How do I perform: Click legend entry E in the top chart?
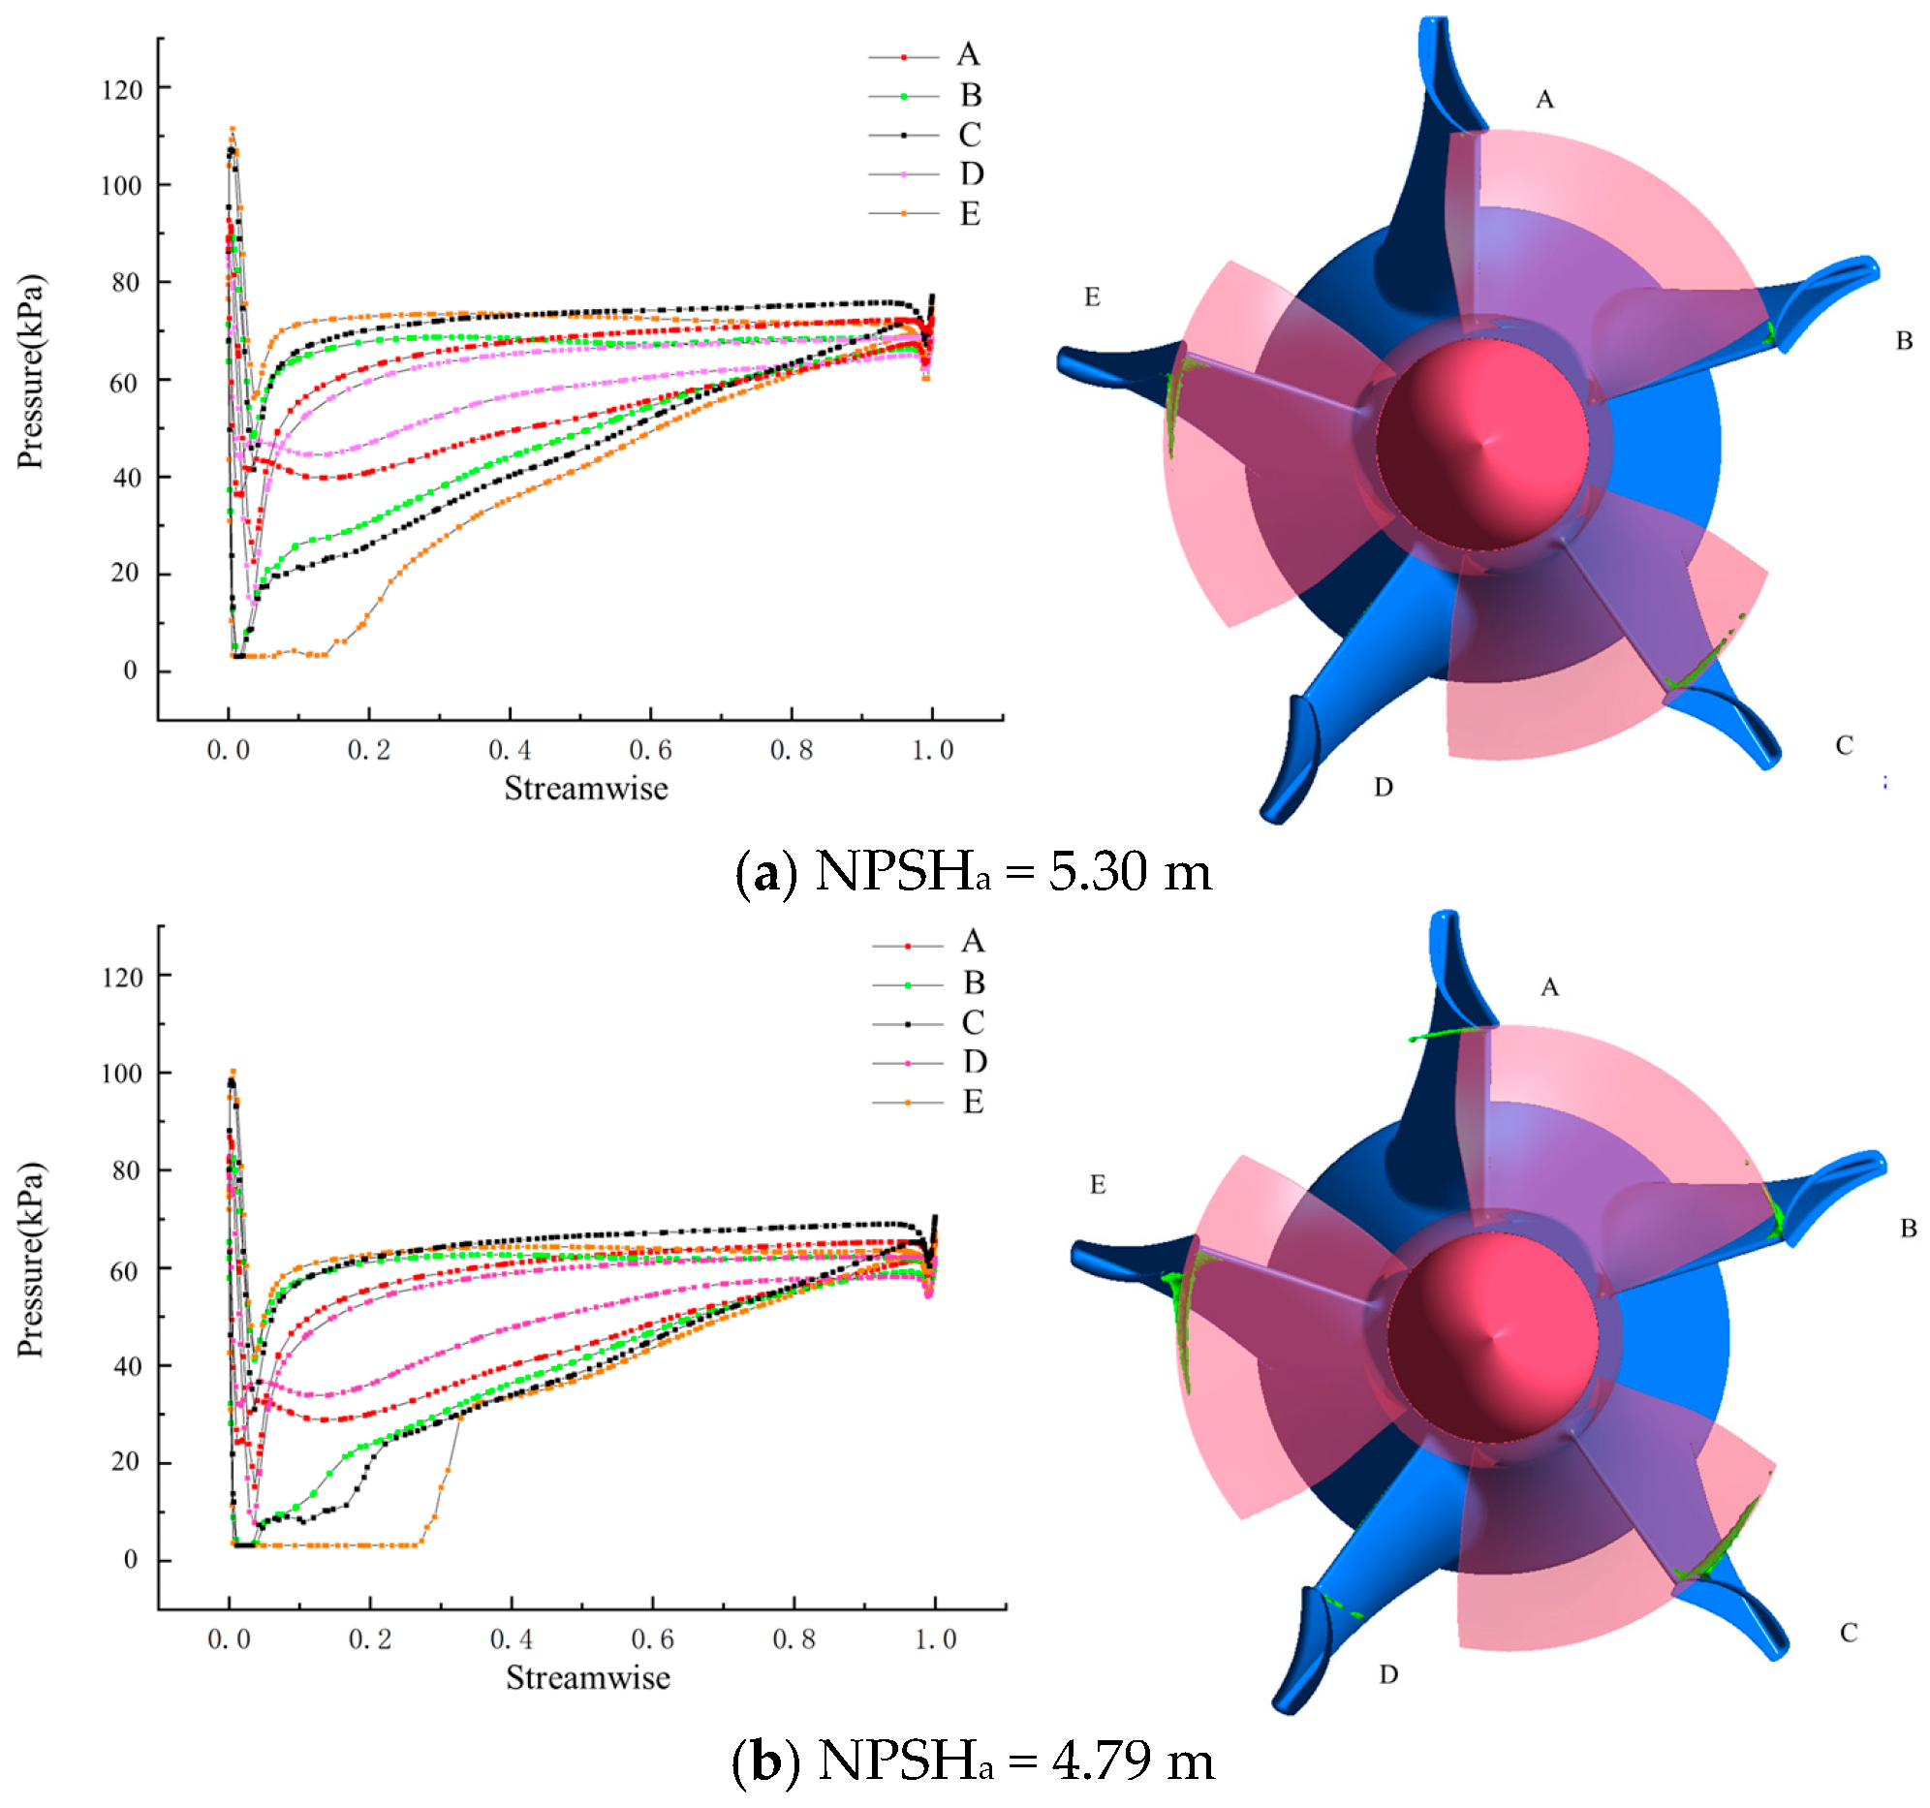coord(968,213)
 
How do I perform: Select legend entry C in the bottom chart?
coord(972,1022)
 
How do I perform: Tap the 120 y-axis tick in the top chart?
coord(122,90)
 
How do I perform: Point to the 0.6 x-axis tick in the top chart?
coord(649,751)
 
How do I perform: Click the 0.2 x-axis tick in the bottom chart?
coord(370,1640)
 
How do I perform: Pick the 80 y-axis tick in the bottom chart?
coord(125,1171)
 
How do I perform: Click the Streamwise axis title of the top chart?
coord(585,789)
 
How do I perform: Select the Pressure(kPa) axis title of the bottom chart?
coord(31,1261)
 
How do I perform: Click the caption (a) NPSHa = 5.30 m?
coord(974,871)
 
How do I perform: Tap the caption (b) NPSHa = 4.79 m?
coord(973,1761)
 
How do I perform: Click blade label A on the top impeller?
coord(1543,100)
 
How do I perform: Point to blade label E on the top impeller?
coord(1092,298)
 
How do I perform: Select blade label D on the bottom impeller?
coord(1388,1675)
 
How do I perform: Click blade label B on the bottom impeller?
coord(1908,1230)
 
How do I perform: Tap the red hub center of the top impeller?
coord(1481,445)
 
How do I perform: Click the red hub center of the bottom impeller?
coord(1492,1337)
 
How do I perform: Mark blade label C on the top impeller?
coord(1845,746)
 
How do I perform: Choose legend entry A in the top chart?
coord(967,55)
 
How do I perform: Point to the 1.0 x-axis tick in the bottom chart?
coord(935,1640)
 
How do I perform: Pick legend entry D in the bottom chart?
coord(974,1062)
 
